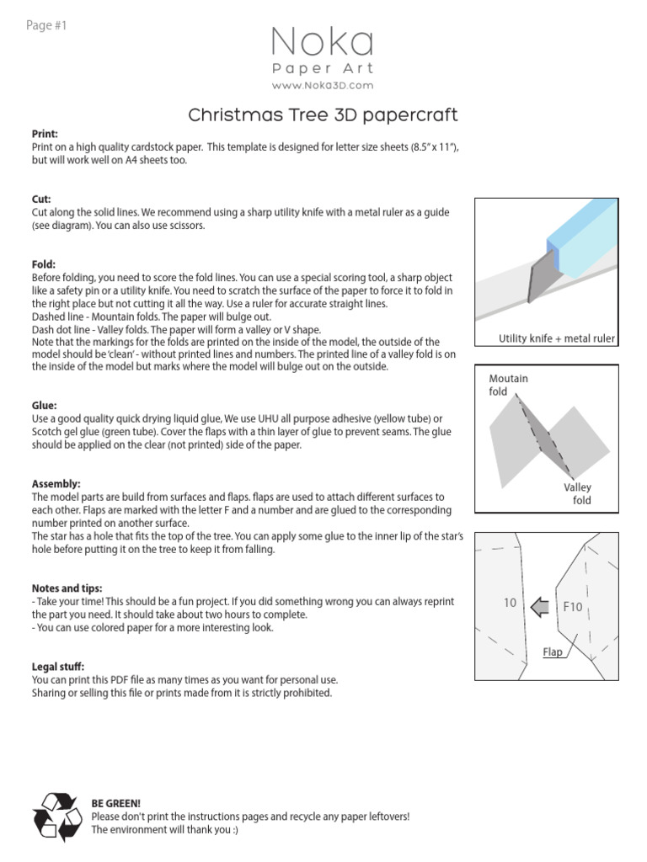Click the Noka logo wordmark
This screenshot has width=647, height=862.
pyautogui.click(x=323, y=43)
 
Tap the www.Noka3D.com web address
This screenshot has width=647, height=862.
pyautogui.click(x=323, y=86)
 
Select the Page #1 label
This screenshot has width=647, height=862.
pyautogui.click(x=46, y=25)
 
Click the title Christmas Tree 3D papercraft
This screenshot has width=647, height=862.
pyautogui.click(x=323, y=114)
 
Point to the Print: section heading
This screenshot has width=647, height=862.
pyautogui.click(x=45, y=134)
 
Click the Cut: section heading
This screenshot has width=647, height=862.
pyautogui.click(x=41, y=200)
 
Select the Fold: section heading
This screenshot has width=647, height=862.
pyautogui.click(x=44, y=264)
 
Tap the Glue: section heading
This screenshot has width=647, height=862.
pyautogui.click(x=44, y=406)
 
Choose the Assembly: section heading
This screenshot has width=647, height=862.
pyautogui.click(x=56, y=484)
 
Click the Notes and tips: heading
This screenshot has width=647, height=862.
pyautogui.click(x=67, y=588)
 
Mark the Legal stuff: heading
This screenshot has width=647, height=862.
pyautogui.click(x=58, y=666)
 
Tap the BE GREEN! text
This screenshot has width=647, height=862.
pyautogui.click(x=115, y=804)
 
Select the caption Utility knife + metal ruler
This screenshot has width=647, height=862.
pyautogui.click(x=557, y=338)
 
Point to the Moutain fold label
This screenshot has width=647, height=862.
pyautogui.click(x=508, y=385)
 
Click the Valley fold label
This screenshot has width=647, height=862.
pyautogui.click(x=578, y=493)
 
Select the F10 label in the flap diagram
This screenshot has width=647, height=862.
pyautogui.click(x=573, y=606)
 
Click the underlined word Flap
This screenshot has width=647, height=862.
pyautogui.click(x=552, y=652)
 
